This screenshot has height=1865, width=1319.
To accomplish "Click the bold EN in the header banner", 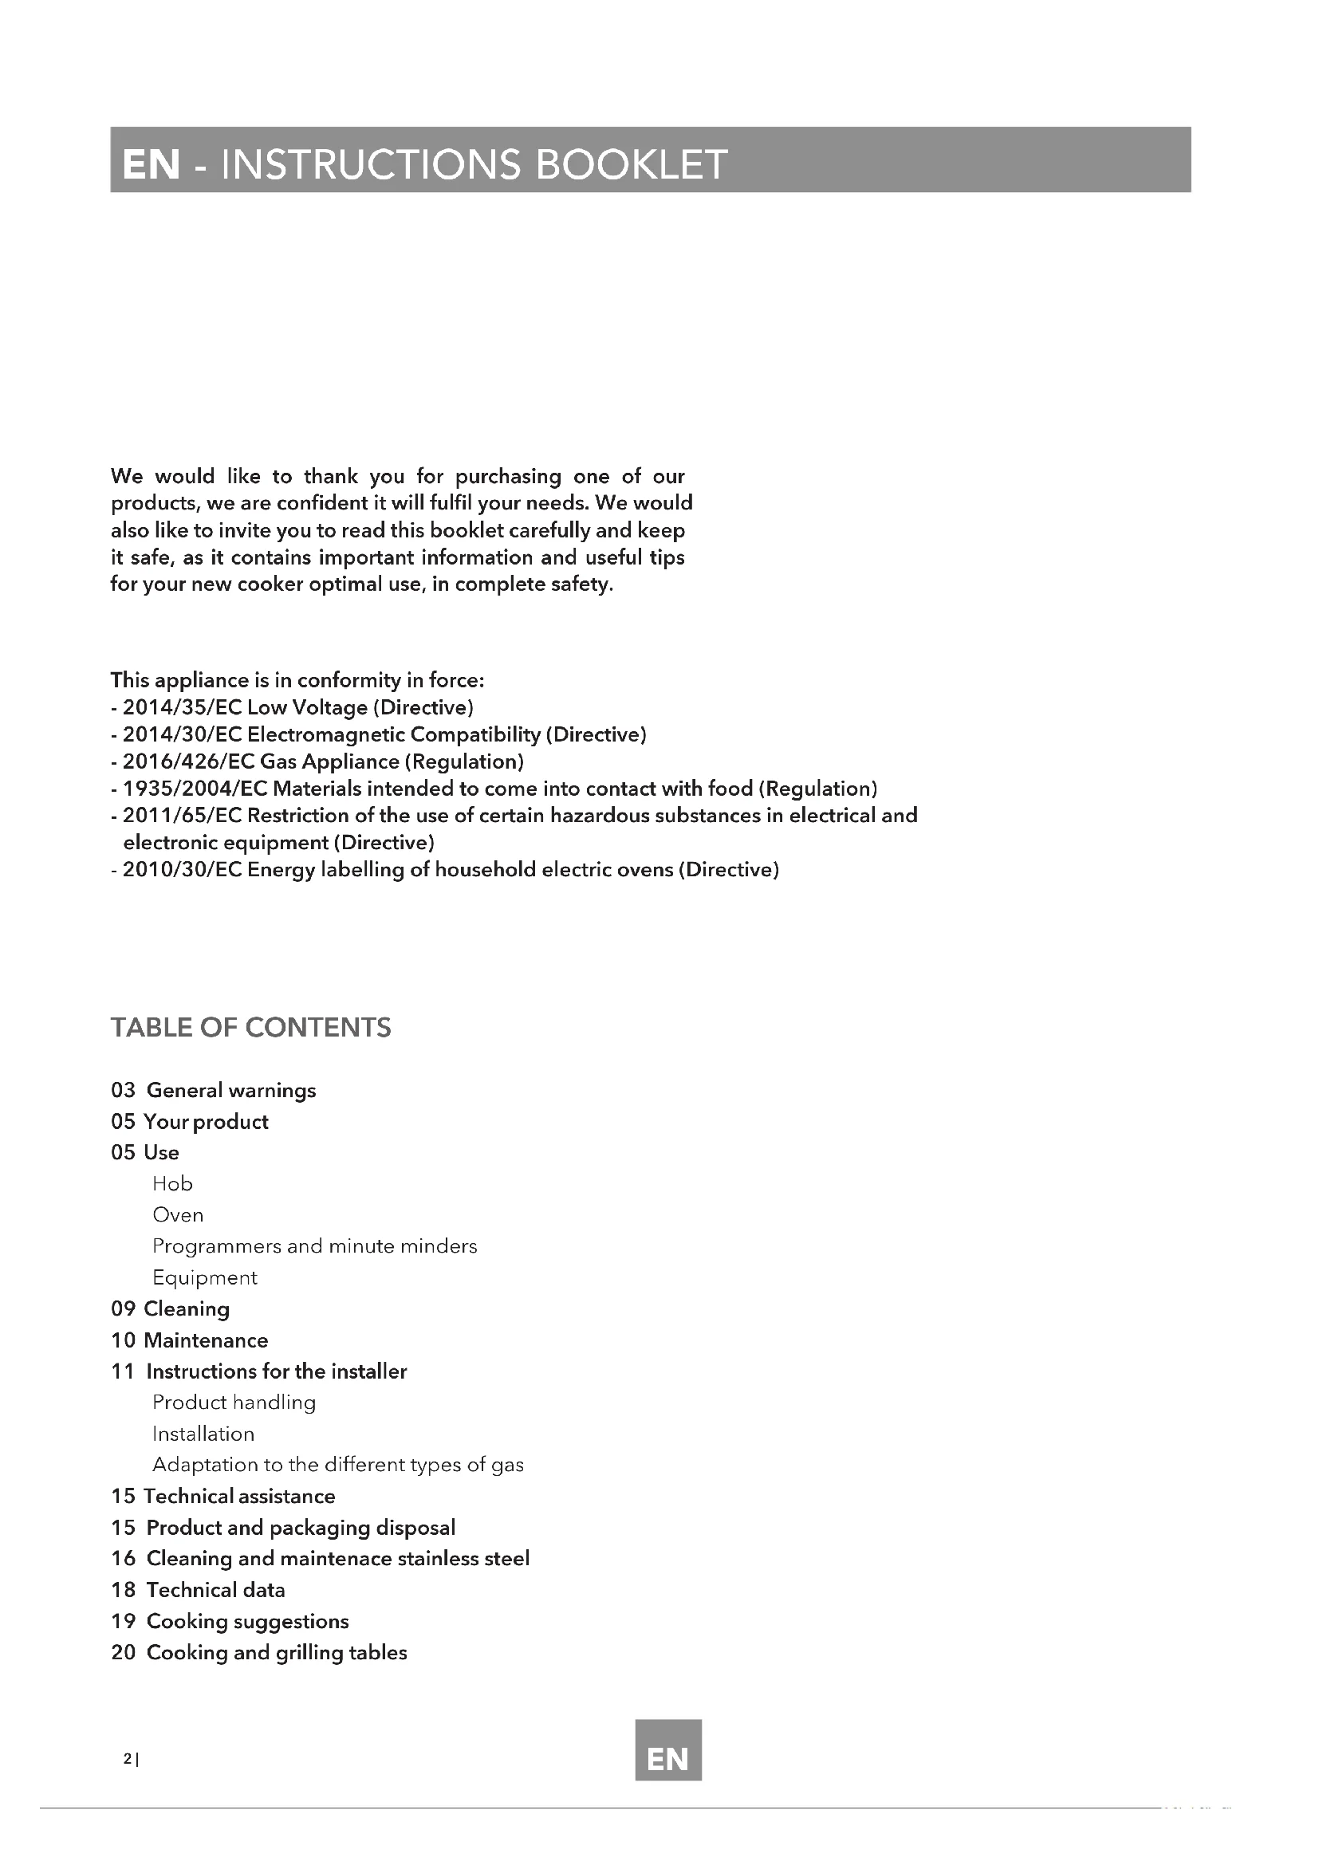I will coord(151,164).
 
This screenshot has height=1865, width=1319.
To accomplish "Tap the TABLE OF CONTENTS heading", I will coord(251,1028).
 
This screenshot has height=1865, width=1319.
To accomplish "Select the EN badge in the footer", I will coord(667,1759).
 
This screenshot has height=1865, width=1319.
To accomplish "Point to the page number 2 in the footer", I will coord(127,1759).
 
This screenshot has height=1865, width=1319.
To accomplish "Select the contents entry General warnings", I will coord(230,1090).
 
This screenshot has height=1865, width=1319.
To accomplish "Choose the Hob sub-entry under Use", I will coord(172,1183).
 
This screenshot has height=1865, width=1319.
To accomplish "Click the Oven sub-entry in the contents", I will coord(178,1215).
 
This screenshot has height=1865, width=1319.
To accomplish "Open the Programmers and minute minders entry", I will coord(314,1246).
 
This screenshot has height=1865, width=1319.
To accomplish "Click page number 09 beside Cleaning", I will coord(123,1308).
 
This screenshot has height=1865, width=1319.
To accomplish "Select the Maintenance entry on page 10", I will coord(206,1340).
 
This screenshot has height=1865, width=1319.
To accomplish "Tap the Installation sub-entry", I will coord(203,1434).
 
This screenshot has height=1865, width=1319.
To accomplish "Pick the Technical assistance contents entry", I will coord(238,1496).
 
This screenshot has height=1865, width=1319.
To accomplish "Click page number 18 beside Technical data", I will coord(123,1590).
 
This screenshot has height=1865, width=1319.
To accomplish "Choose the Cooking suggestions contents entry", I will coord(247,1621).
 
